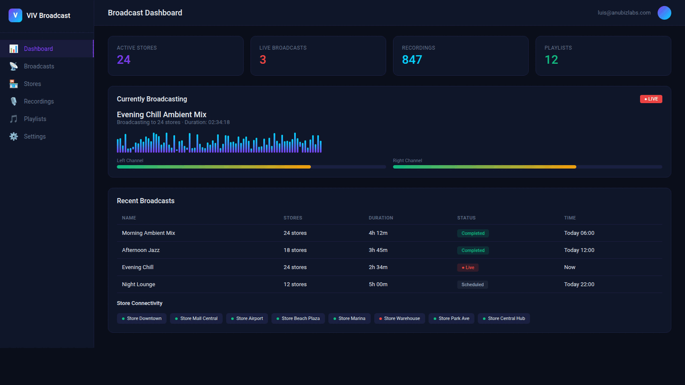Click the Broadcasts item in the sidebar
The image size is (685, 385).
(x=39, y=66)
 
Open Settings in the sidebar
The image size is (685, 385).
(x=34, y=136)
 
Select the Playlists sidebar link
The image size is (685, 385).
(x=35, y=119)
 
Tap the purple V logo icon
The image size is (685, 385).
(x=16, y=16)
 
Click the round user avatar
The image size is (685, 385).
(x=664, y=13)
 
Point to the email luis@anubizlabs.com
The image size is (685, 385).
(x=624, y=13)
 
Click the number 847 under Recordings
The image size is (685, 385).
(x=412, y=60)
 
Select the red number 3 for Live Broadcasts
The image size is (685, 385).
(x=263, y=60)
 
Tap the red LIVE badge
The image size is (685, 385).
(x=651, y=99)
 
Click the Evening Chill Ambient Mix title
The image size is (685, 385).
(x=162, y=114)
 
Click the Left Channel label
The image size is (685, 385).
(x=130, y=160)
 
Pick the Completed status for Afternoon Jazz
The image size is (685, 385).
(x=473, y=250)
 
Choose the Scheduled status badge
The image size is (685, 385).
(x=472, y=284)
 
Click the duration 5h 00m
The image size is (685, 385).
(x=378, y=284)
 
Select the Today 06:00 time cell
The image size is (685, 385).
(x=579, y=233)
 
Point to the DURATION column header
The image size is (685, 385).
(x=380, y=218)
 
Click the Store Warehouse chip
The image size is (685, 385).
(x=399, y=319)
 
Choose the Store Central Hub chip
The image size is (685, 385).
(x=504, y=319)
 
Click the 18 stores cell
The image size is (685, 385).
(x=295, y=250)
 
